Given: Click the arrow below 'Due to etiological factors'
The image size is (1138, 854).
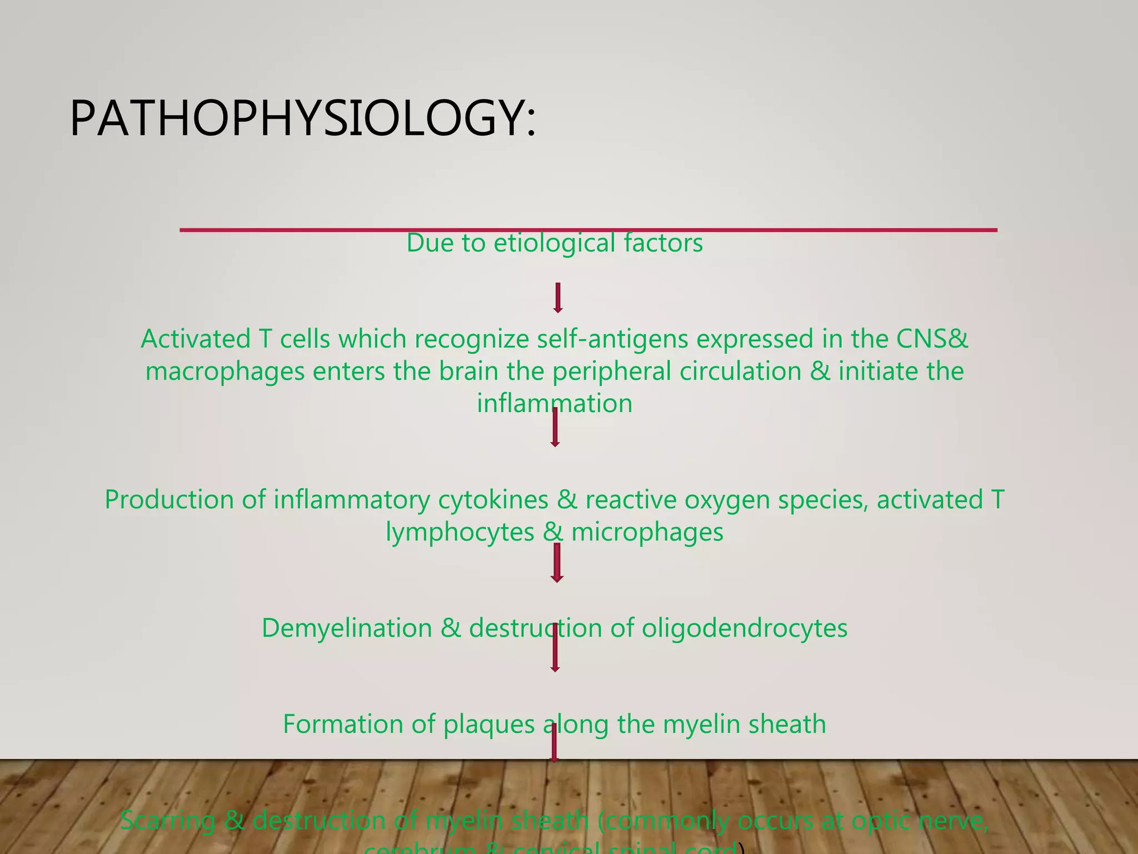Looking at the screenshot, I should pyautogui.click(x=558, y=298).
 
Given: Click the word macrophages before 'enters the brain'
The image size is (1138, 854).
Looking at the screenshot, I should pyautogui.click(x=224, y=371).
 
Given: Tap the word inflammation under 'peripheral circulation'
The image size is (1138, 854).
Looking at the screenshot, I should pyautogui.click(x=555, y=404).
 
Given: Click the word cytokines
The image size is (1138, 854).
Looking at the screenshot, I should pyautogui.click(x=493, y=499).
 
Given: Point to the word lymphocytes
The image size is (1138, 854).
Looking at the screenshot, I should pyautogui.click(x=460, y=532).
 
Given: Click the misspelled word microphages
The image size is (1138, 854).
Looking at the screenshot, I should pyautogui.click(x=647, y=532).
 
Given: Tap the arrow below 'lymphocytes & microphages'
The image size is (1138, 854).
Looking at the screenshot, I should pyautogui.click(x=557, y=563).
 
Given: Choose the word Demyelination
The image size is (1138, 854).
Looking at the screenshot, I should pyautogui.click(x=347, y=628).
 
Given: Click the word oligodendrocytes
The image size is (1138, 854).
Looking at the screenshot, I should pyautogui.click(x=745, y=628).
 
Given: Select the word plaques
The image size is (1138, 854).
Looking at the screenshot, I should pyautogui.click(x=489, y=724).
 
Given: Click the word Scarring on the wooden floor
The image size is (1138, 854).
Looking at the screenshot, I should pyautogui.click(x=168, y=821).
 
